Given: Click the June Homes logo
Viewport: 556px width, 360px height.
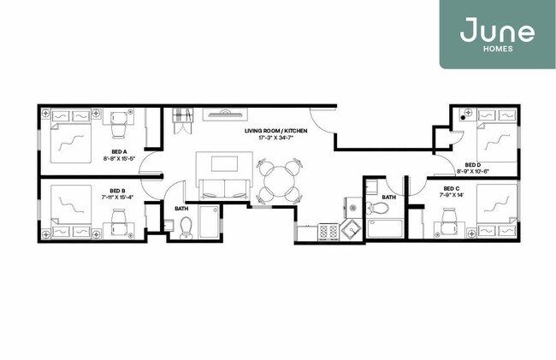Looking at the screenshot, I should point(497,34).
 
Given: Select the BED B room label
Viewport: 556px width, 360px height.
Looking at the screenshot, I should point(117,191).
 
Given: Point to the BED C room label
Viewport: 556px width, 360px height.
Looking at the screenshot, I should point(452,188).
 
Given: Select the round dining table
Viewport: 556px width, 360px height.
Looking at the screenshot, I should point(276,179).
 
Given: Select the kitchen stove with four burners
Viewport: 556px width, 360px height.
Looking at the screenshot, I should point(328,231).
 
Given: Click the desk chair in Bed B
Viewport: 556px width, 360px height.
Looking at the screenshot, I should point(117,227).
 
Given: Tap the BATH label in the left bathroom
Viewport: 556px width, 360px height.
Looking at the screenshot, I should point(181,208).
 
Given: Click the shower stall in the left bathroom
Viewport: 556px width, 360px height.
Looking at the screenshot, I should point(210,222).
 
